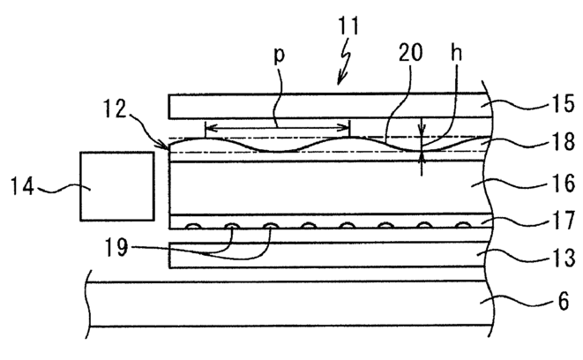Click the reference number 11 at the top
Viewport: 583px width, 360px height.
click(348, 26)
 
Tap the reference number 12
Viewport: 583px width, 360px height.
click(116, 109)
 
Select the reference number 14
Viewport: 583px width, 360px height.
click(23, 186)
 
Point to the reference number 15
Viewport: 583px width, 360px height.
click(564, 104)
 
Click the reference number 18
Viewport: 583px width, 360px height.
click(564, 142)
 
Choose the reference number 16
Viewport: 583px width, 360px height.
click(564, 184)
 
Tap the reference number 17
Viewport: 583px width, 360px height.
click(564, 221)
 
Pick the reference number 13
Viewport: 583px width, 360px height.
click(564, 258)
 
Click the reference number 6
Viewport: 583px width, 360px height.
click(564, 301)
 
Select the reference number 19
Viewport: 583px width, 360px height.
click(116, 247)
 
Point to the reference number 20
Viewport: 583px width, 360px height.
click(411, 52)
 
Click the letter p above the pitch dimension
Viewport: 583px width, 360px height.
click(280, 55)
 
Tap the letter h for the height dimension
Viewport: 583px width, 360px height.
click(456, 52)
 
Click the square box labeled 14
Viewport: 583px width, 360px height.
click(117, 186)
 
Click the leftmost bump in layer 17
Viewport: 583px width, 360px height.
click(193, 226)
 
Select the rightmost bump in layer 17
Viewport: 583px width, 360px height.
click(463, 225)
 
